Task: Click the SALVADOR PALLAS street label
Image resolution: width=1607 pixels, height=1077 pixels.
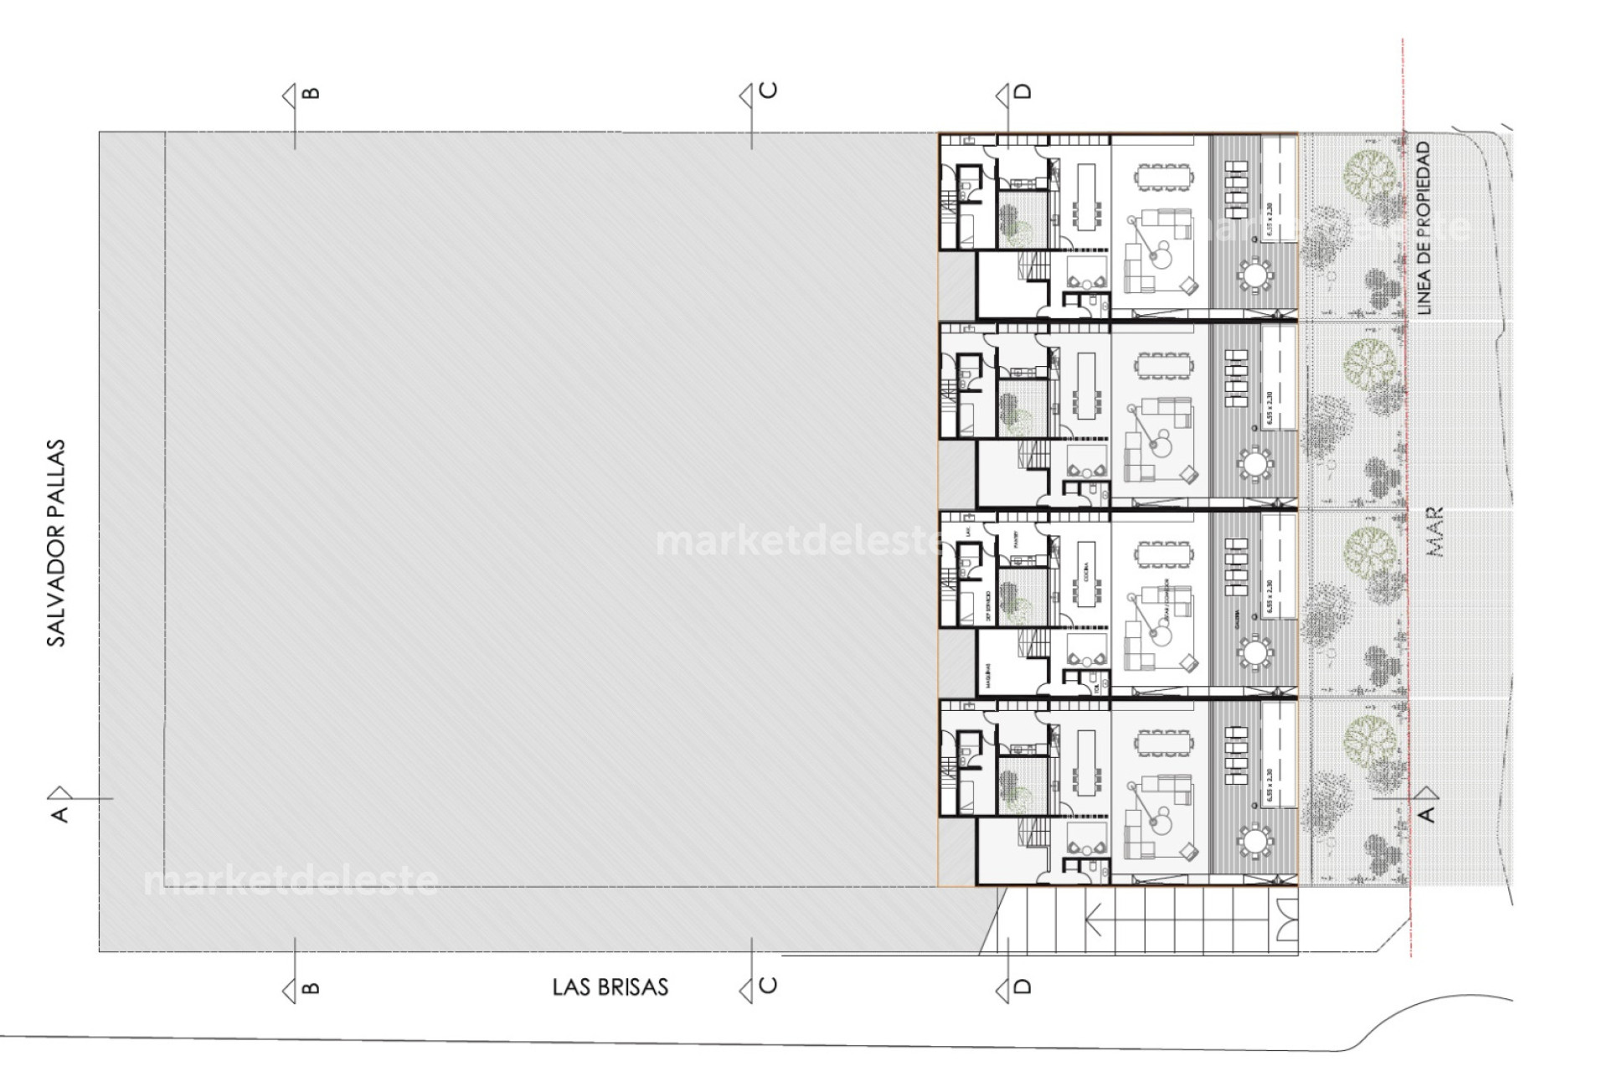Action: (55, 543)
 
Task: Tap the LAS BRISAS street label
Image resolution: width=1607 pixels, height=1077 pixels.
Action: (610, 987)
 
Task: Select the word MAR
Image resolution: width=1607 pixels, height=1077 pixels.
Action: (1434, 532)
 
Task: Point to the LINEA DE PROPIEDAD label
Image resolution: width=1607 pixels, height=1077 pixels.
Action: (1424, 228)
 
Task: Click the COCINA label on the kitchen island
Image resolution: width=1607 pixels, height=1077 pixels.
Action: (1086, 573)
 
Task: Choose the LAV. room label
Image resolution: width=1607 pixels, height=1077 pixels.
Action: (967, 531)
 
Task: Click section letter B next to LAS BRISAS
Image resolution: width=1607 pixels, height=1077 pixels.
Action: (311, 987)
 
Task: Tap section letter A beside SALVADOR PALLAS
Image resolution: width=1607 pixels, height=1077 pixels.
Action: (59, 813)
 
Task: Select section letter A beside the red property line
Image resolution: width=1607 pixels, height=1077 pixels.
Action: (1427, 813)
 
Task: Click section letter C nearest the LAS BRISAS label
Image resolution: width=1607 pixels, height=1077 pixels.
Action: (768, 985)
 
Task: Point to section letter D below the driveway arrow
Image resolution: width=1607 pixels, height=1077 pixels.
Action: (1022, 987)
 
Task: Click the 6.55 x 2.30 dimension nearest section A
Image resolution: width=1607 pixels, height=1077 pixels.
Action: (1270, 786)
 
